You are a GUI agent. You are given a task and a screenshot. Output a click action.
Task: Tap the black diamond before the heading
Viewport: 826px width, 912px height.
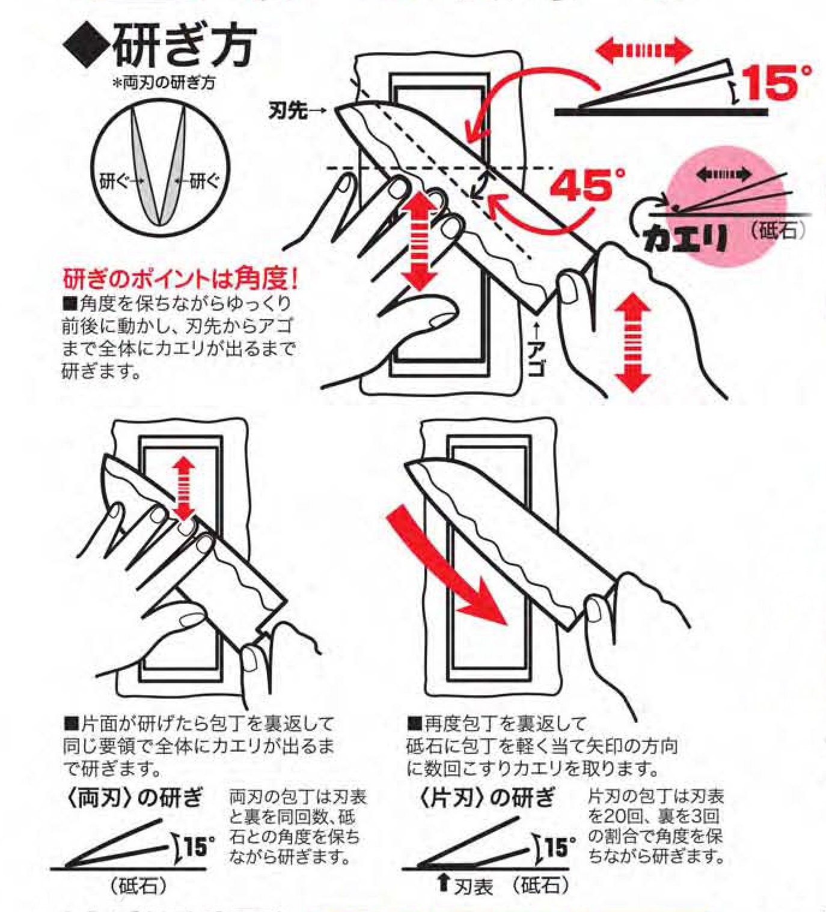(87, 47)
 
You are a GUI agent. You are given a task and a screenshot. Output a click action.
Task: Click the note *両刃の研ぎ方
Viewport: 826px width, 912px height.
(164, 84)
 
